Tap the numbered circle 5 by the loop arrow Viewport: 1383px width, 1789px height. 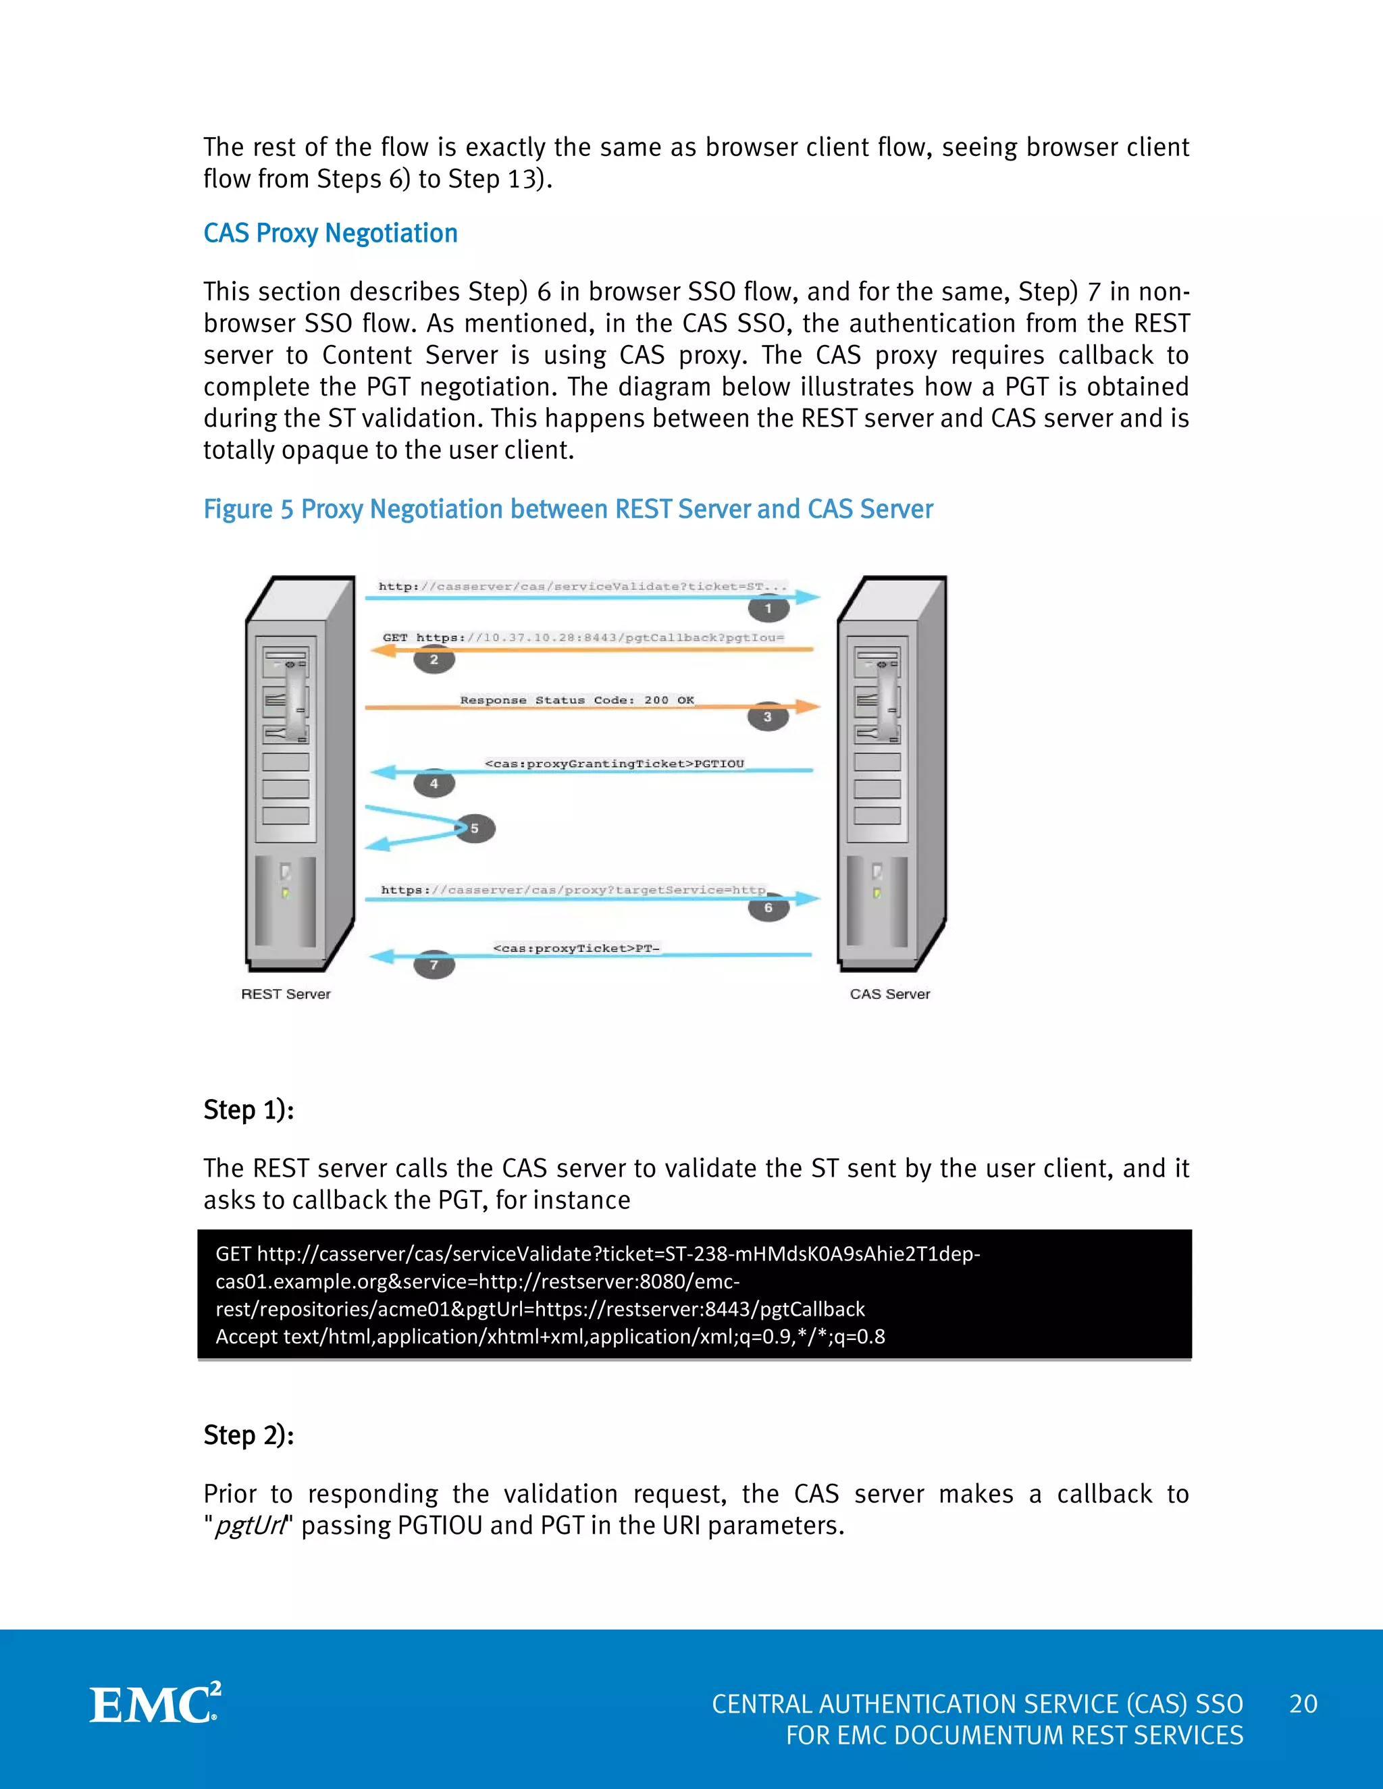(x=474, y=828)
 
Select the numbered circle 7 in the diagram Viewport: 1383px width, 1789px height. (x=434, y=965)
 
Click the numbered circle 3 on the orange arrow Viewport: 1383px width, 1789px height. (x=767, y=717)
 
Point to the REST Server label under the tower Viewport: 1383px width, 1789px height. (x=285, y=994)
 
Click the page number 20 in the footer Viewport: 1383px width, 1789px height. (x=1303, y=1704)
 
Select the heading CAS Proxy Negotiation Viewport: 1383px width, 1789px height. (x=330, y=234)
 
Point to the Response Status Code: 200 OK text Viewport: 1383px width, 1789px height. (x=577, y=700)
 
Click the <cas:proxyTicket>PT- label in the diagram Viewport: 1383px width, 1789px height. (x=576, y=949)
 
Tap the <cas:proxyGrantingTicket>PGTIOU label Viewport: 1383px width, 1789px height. (x=615, y=764)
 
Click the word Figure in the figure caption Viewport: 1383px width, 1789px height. (x=238, y=510)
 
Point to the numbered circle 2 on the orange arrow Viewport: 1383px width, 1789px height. (x=434, y=660)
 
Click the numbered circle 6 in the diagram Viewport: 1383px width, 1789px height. (x=768, y=907)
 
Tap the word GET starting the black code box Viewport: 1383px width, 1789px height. (x=233, y=1254)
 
